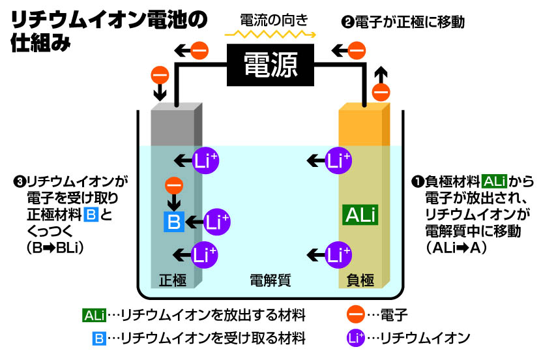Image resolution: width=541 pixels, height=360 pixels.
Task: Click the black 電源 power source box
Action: tap(270, 65)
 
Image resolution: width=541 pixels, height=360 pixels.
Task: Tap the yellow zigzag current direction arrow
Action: tap(270, 34)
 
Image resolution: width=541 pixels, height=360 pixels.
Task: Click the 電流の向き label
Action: tap(274, 20)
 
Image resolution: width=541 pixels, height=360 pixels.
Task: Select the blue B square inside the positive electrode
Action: tap(173, 222)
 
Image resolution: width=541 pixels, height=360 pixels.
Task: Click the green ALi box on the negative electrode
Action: tap(360, 215)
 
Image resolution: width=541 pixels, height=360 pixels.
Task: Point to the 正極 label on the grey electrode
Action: tap(173, 280)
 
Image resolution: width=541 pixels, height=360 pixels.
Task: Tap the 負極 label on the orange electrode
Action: tap(360, 280)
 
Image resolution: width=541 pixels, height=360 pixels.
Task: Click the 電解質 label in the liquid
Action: tap(270, 280)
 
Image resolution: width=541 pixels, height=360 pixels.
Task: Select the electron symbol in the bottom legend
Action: tap(356, 314)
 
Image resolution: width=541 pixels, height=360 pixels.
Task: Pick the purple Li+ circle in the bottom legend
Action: tap(356, 338)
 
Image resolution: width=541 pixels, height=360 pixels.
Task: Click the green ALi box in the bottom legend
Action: tap(94, 315)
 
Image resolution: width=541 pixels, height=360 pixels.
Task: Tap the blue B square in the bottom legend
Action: tap(99, 338)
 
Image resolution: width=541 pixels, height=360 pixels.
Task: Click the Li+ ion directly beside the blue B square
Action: tap(216, 222)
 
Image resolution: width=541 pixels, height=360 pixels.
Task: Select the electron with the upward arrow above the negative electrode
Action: tap(381, 92)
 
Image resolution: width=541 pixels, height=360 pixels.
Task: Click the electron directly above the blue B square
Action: tap(174, 186)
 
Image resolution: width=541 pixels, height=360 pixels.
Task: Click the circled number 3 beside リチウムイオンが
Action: tap(20, 181)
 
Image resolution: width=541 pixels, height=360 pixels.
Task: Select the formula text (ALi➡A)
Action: tap(456, 248)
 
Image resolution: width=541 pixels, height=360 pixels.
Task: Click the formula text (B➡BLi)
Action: tap(55, 248)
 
